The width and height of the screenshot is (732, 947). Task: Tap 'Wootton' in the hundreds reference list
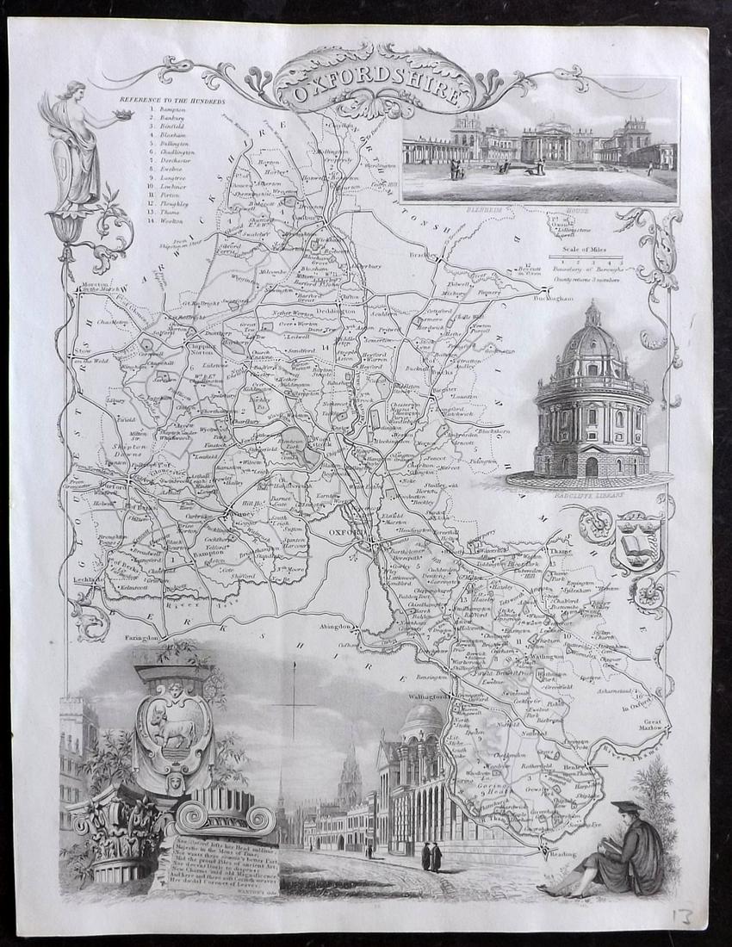pos(171,221)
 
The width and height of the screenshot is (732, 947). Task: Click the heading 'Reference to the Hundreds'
pos(178,100)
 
